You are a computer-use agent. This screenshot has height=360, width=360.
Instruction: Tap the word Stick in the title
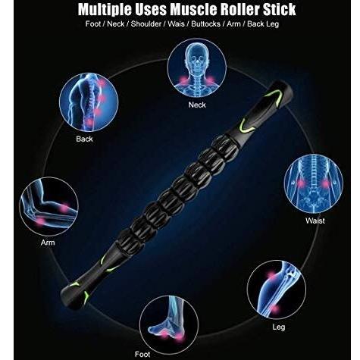pyautogui.click(x=280, y=9)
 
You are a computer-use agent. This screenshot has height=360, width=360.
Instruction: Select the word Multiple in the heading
pyautogui.click(x=105, y=10)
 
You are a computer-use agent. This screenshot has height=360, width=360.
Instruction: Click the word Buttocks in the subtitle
pyautogui.click(x=205, y=24)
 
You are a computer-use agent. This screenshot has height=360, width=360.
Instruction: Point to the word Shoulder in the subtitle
pyautogui.click(x=146, y=24)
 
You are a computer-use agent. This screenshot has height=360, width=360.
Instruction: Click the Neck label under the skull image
pyautogui.click(x=197, y=105)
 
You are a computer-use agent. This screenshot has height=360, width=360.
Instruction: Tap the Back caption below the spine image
pyautogui.click(x=84, y=139)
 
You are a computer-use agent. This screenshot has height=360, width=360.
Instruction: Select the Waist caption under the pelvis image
pyautogui.click(x=315, y=221)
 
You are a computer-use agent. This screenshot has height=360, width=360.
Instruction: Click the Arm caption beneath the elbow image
pyautogui.click(x=48, y=243)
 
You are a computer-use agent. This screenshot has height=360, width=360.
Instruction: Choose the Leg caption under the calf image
pyautogui.click(x=279, y=327)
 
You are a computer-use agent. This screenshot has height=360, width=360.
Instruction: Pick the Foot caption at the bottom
pyautogui.click(x=142, y=354)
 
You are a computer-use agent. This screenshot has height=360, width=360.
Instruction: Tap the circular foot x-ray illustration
pyautogui.click(x=169, y=325)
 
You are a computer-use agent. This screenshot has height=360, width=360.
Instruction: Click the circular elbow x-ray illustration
pyautogui.click(x=49, y=207)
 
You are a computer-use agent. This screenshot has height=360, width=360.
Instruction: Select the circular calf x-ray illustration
pyautogui.click(x=277, y=290)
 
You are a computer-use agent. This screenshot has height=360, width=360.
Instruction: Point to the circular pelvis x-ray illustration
pyautogui.click(x=314, y=183)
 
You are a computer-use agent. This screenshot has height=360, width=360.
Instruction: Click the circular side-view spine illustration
pyautogui.click(x=89, y=102)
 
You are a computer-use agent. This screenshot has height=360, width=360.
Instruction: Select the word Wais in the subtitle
pyautogui.click(x=176, y=24)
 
